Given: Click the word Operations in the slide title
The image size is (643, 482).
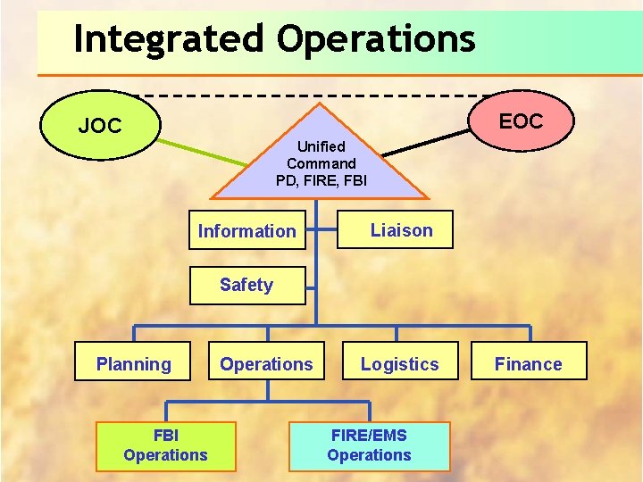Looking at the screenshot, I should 375,40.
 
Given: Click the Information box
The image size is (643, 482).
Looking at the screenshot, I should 246,231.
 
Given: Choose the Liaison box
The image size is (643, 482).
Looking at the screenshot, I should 401,230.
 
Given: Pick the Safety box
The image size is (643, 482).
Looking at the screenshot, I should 246,285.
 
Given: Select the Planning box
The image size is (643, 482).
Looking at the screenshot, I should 134,363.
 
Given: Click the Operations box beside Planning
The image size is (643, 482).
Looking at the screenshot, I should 266,363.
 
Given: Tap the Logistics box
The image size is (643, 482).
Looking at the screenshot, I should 399,363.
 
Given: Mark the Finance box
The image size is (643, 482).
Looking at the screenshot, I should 528,363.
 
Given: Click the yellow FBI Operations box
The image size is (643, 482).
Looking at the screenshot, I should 166,445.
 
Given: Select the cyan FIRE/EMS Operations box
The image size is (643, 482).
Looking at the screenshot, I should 369,445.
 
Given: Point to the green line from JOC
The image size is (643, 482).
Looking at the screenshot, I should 205,152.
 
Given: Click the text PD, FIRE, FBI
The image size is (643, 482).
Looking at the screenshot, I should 321,180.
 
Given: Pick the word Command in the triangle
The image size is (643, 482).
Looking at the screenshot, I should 321,163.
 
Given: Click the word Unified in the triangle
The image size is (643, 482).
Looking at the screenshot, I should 321,145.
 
